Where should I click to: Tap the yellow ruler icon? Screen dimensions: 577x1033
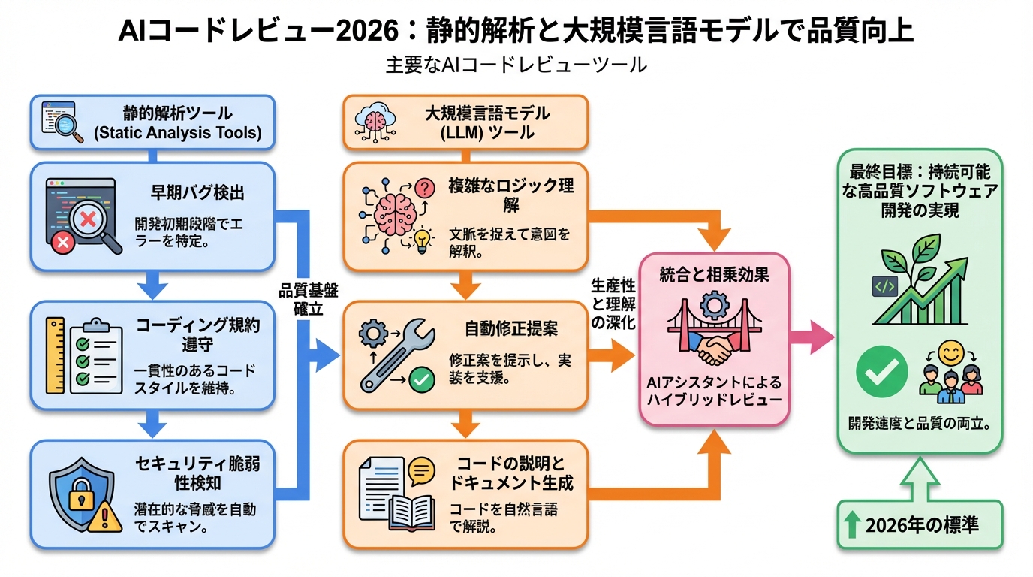(55, 355)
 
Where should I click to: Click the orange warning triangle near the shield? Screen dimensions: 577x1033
(105, 517)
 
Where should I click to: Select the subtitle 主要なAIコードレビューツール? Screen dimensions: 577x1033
(516, 65)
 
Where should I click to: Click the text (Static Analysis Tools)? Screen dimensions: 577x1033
(177, 134)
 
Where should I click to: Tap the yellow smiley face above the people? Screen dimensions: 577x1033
(950, 353)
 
